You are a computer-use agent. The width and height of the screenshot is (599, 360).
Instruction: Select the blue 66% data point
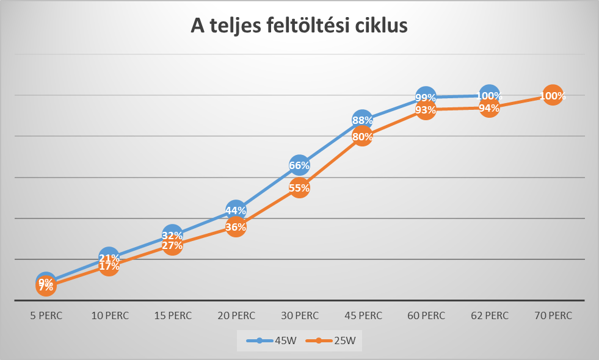coord(299,165)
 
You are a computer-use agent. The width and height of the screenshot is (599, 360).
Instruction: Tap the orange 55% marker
coord(299,188)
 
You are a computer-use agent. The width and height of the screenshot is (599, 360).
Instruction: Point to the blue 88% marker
coord(363,120)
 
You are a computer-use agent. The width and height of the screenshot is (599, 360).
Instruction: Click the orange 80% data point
coord(363,137)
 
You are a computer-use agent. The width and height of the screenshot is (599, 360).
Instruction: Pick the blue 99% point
coord(426,97)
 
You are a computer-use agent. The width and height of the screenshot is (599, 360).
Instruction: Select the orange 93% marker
coord(426,110)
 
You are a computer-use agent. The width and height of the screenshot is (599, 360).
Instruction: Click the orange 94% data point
coord(489,108)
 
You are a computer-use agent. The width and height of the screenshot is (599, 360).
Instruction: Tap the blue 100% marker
coord(489,95)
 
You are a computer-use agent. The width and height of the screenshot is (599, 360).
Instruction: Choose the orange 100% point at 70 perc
coord(552,96)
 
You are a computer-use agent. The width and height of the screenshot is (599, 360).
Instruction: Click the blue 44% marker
coord(236,211)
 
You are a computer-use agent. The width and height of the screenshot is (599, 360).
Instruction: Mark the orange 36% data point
coord(236,227)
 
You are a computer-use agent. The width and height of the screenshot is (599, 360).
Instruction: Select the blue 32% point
coord(173,235)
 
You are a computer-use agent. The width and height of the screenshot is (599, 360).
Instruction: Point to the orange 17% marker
coord(109,266)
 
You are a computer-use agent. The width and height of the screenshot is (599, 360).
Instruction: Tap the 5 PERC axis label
coord(46,315)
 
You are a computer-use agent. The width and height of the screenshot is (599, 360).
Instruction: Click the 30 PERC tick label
coord(299,315)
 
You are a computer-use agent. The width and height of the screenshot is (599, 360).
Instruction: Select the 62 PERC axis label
coord(489,315)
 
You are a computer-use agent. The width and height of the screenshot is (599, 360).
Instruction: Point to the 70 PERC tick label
coord(552,315)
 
